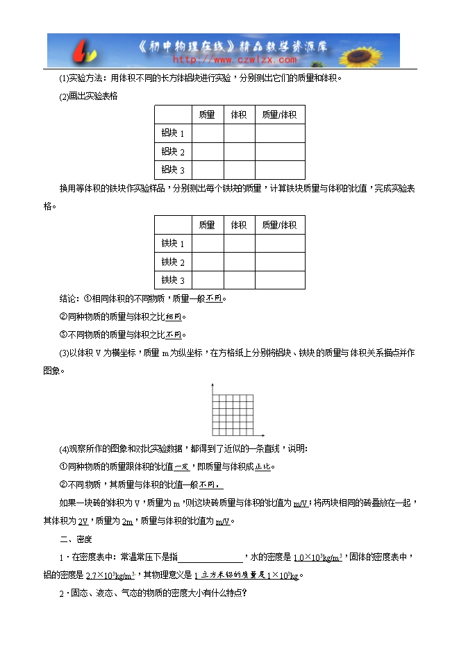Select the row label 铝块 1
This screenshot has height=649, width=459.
173,133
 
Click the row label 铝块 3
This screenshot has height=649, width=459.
173,170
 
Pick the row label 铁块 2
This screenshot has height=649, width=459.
173,262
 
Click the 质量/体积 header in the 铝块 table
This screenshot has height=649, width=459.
279,115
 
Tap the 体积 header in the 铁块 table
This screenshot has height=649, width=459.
239,225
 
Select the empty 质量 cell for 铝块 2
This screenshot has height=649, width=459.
207,151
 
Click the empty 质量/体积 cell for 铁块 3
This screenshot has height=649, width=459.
279,280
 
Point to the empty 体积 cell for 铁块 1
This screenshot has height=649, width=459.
239,244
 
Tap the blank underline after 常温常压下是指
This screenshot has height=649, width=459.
210,557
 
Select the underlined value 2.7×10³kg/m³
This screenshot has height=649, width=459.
110,575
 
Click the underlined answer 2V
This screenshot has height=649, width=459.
83,521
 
